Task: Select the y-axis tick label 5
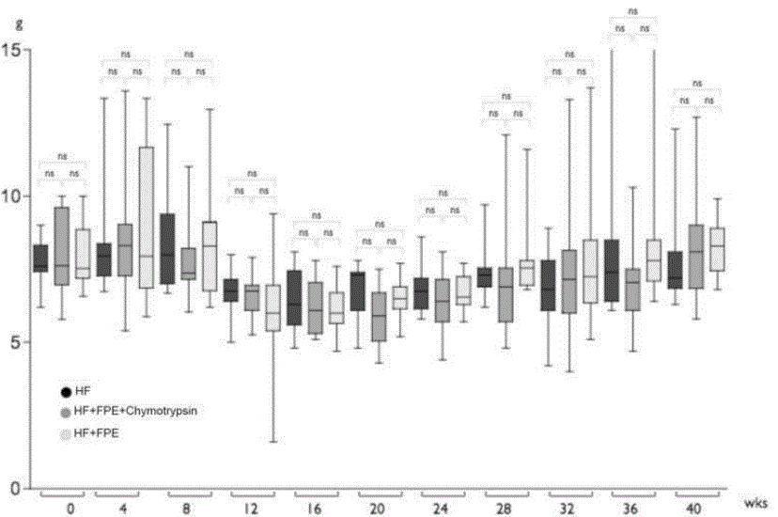pos(14,342)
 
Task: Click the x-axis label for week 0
pos(70,509)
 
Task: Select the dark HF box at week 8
pos(167,248)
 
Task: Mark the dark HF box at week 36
pos(612,271)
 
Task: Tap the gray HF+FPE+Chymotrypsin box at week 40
pos(696,256)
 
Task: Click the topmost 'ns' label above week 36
pos(632,11)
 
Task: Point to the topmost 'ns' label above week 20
pos(380,225)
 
